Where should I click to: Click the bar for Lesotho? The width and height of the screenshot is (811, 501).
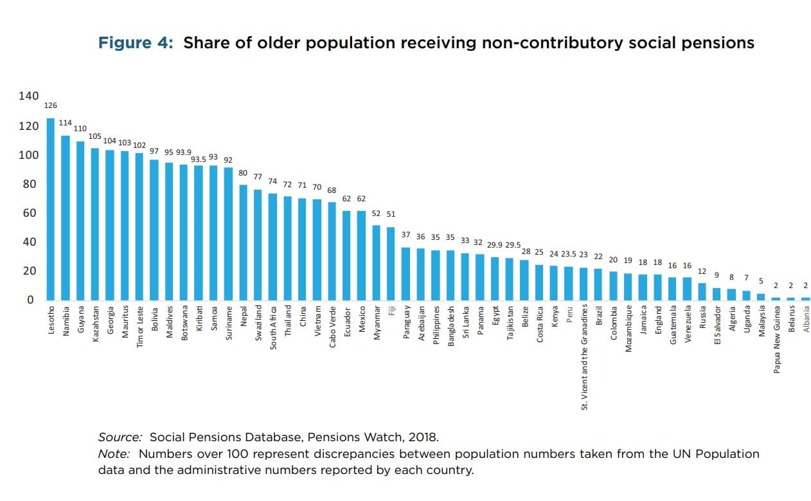tap(51, 209)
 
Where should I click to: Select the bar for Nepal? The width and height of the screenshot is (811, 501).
tap(244, 242)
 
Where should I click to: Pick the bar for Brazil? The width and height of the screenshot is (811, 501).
tap(598, 284)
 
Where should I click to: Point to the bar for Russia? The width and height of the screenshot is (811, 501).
tap(702, 291)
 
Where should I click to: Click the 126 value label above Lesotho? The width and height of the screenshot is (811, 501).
tap(51, 105)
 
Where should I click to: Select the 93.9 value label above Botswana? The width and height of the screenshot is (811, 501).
tap(184, 152)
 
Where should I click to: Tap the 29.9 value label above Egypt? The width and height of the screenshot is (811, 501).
tap(494, 245)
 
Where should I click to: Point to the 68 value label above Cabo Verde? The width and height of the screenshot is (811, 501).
tap(332, 190)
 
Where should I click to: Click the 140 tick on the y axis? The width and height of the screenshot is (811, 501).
tap(28, 96)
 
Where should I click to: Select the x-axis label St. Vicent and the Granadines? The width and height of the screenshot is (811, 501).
tap(584, 358)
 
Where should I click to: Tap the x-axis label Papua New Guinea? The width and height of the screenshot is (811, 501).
tap(776, 340)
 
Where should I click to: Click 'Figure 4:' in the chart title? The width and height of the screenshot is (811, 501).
tap(136, 43)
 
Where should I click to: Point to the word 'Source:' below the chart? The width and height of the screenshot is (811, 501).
tap(120, 437)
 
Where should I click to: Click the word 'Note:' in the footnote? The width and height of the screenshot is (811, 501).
tap(114, 453)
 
